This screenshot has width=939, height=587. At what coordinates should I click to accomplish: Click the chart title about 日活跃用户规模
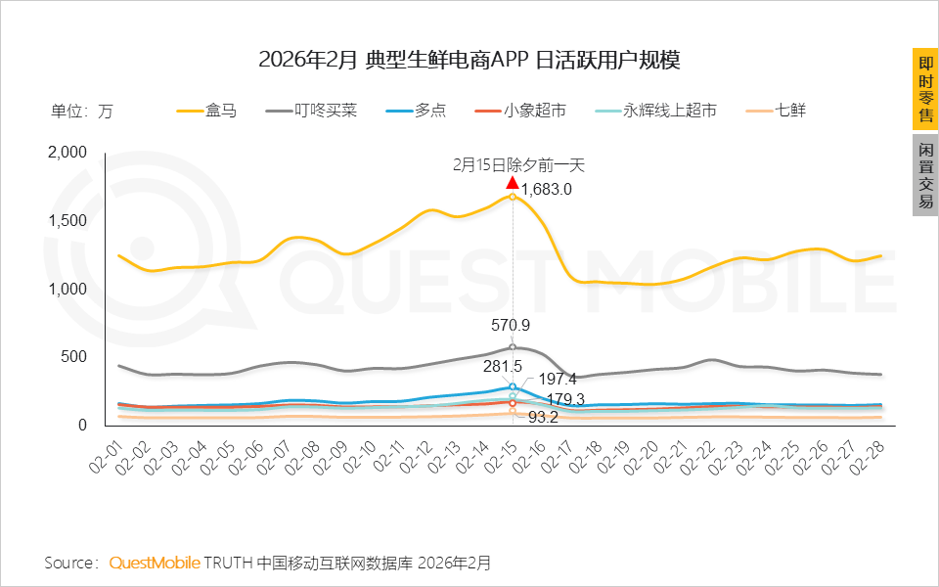(469, 61)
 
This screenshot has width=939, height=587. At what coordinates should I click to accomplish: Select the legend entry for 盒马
(206, 111)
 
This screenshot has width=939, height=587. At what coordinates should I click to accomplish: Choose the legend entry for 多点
(416, 111)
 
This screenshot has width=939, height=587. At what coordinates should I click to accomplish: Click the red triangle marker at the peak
(513, 183)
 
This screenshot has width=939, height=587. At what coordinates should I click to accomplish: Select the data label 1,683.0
(546, 190)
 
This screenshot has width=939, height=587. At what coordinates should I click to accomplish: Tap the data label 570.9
(510, 325)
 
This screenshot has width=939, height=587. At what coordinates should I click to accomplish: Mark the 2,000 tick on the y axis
(67, 153)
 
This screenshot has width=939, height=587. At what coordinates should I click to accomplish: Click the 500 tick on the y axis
(74, 357)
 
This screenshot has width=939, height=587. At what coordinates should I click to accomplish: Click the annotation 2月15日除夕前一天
(517, 165)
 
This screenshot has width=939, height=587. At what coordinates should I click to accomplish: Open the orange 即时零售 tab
(925, 88)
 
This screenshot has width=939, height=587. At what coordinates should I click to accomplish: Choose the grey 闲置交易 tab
(925, 174)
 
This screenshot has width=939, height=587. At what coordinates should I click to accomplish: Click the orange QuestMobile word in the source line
(154, 564)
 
